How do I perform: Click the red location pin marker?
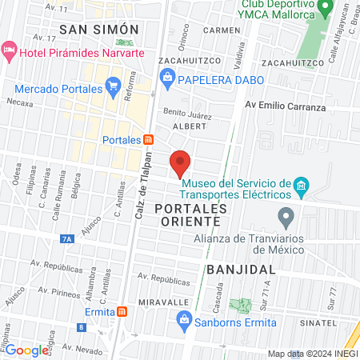click(181, 163)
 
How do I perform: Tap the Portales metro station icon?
click(148, 139)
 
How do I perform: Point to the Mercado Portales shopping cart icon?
click(113, 84)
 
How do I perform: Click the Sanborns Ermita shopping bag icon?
click(184, 322)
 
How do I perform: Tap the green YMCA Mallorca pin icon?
click(325, 10)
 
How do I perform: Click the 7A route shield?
click(66, 238)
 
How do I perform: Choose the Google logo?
click(27, 350)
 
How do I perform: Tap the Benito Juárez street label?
click(187, 114)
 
